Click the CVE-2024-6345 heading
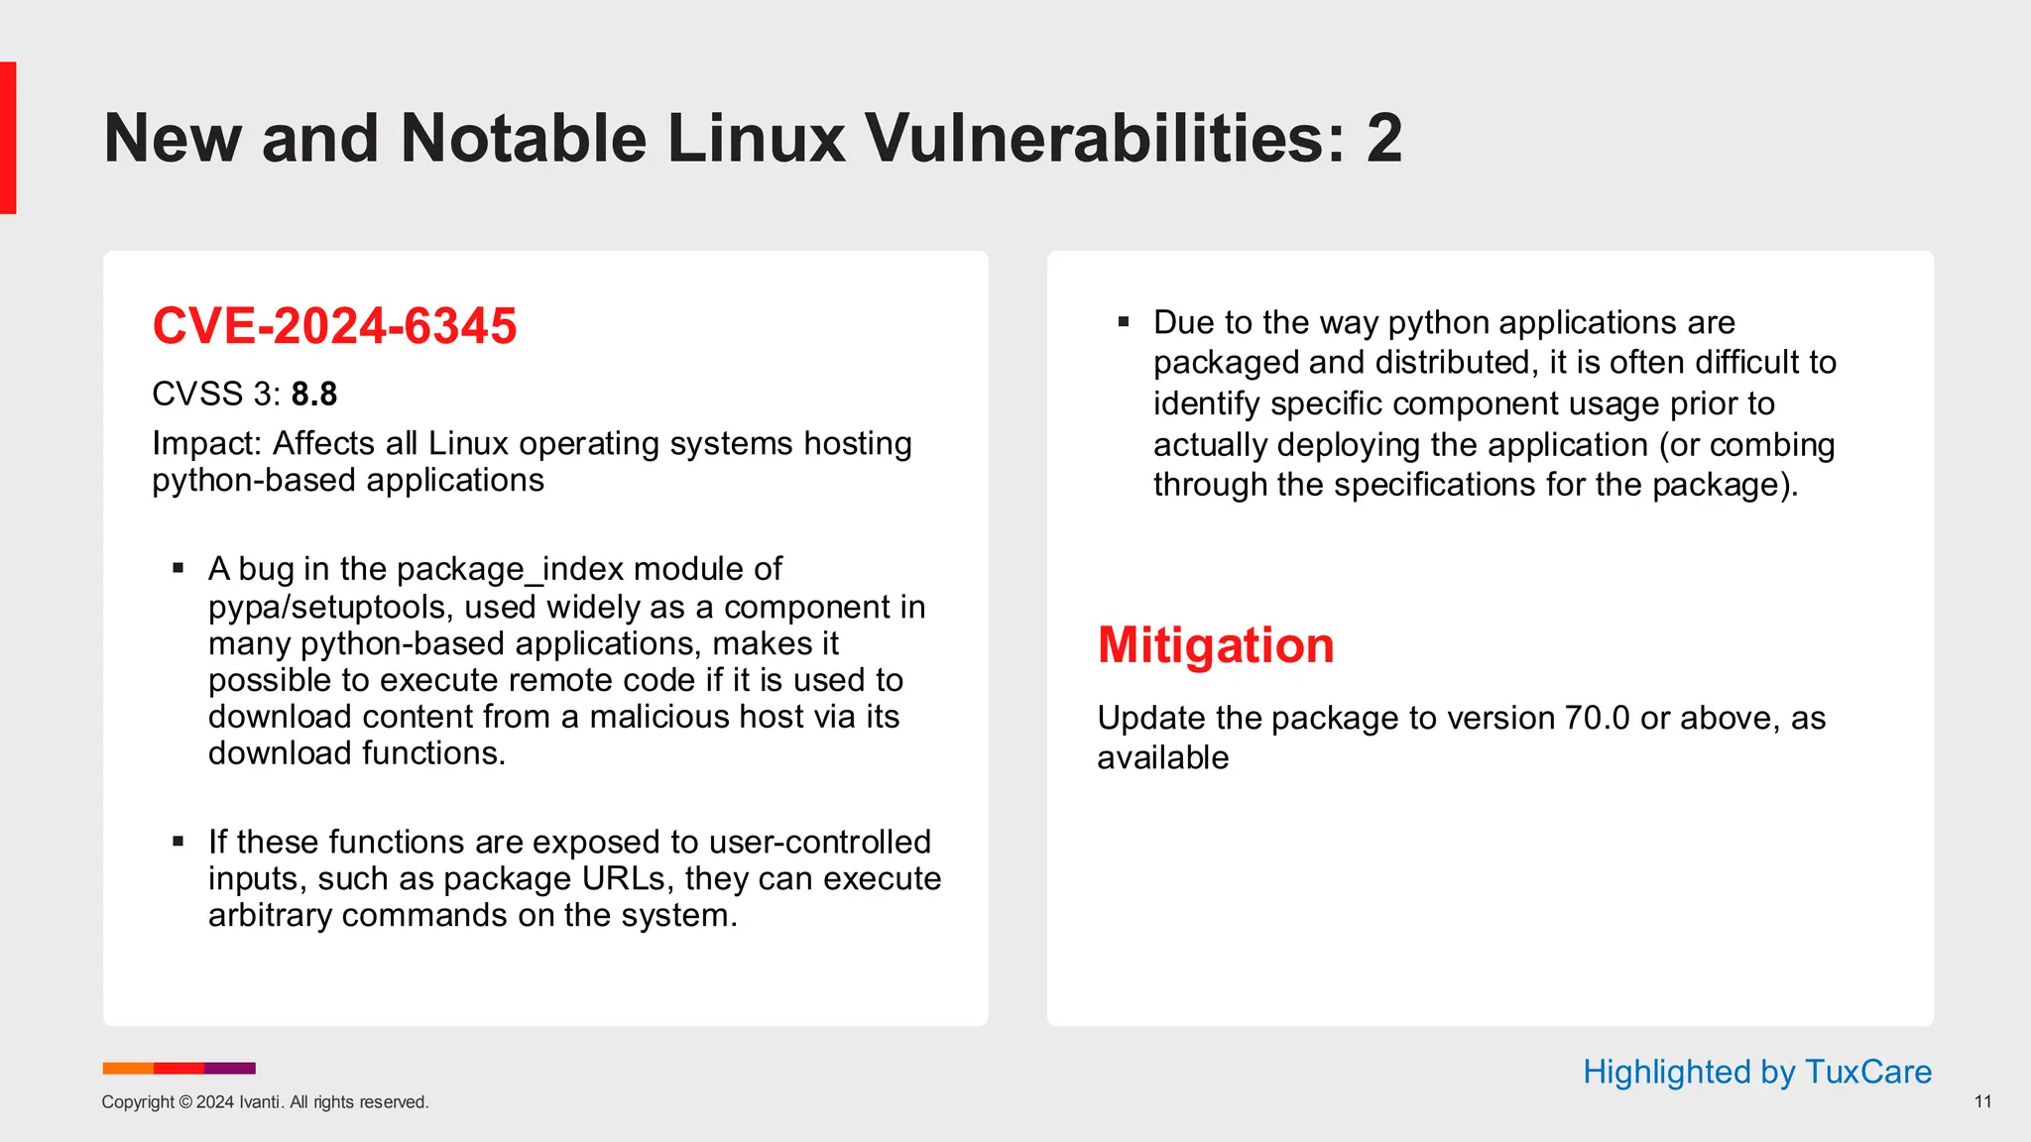pyautogui.click(x=334, y=326)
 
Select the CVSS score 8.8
pyautogui.click(x=314, y=395)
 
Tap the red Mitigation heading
pyautogui.click(x=1215, y=645)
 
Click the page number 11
pyautogui.click(x=1982, y=1101)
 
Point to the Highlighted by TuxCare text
pyautogui.click(x=1756, y=1072)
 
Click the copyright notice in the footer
pyautogui.click(x=265, y=1102)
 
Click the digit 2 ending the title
pyautogui.click(x=1383, y=138)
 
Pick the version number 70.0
pyautogui.click(x=1597, y=718)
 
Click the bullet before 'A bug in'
pyautogui.click(x=179, y=569)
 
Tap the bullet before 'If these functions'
pyautogui.click(x=179, y=842)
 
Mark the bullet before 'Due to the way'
pyautogui.click(x=1124, y=322)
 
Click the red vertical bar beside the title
pyautogui.click(x=8, y=138)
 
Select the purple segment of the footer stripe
pyautogui.click(x=230, y=1068)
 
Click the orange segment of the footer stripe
pyautogui.click(x=128, y=1068)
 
